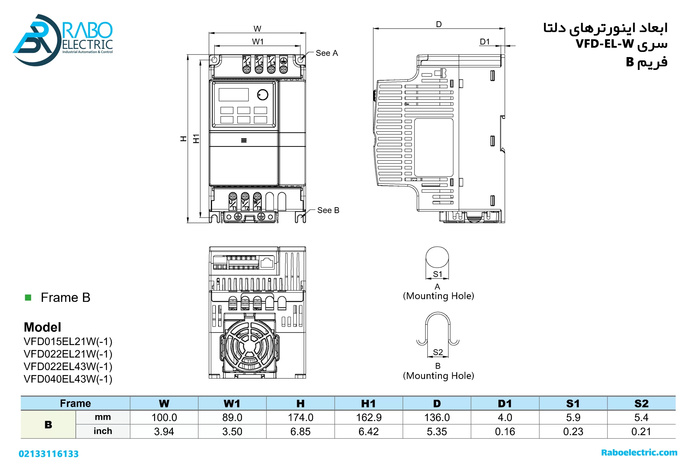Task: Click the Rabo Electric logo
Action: click(63, 39)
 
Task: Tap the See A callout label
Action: click(327, 53)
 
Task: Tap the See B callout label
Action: click(328, 210)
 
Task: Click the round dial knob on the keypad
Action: click(263, 95)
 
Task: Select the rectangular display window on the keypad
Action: click(234, 95)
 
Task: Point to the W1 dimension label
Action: click(257, 42)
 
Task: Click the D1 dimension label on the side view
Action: click(484, 42)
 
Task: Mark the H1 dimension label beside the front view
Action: click(196, 139)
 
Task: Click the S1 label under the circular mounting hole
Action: click(437, 274)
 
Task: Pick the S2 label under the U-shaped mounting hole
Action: click(437, 352)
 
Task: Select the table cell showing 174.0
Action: click(300, 417)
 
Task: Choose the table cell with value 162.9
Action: click(368, 417)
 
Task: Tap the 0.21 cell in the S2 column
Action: click(641, 431)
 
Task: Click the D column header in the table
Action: click(437, 404)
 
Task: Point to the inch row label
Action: click(103, 431)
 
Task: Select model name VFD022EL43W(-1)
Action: click(68, 366)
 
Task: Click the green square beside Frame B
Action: click(28, 298)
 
